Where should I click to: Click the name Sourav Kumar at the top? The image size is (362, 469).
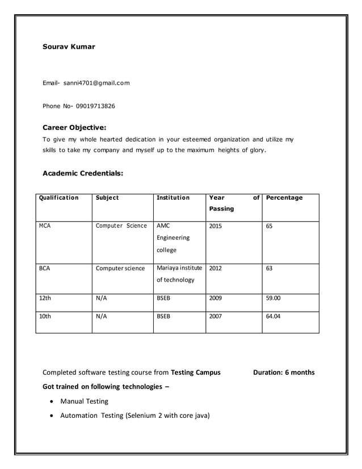tap(69, 47)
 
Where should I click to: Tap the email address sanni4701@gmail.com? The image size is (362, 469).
tap(96, 83)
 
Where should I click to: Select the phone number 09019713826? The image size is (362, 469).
tap(95, 106)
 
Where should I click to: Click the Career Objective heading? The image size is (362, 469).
tap(74, 127)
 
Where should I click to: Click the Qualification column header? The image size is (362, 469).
tap(58, 198)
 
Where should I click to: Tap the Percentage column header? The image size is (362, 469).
tap(284, 198)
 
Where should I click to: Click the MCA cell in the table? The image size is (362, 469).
tap(45, 226)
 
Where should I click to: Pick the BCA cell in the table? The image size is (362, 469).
tap(44, 268)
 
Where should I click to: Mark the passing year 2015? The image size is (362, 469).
tap(216, 226)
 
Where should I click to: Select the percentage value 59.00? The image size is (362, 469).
tap(273, 296)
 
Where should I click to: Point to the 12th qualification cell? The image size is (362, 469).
tap(45, 296)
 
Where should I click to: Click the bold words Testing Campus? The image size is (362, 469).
tap(196, 373)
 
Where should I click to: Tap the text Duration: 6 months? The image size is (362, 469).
tap(283, 373)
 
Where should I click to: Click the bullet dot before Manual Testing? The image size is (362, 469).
tap(53, 401)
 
